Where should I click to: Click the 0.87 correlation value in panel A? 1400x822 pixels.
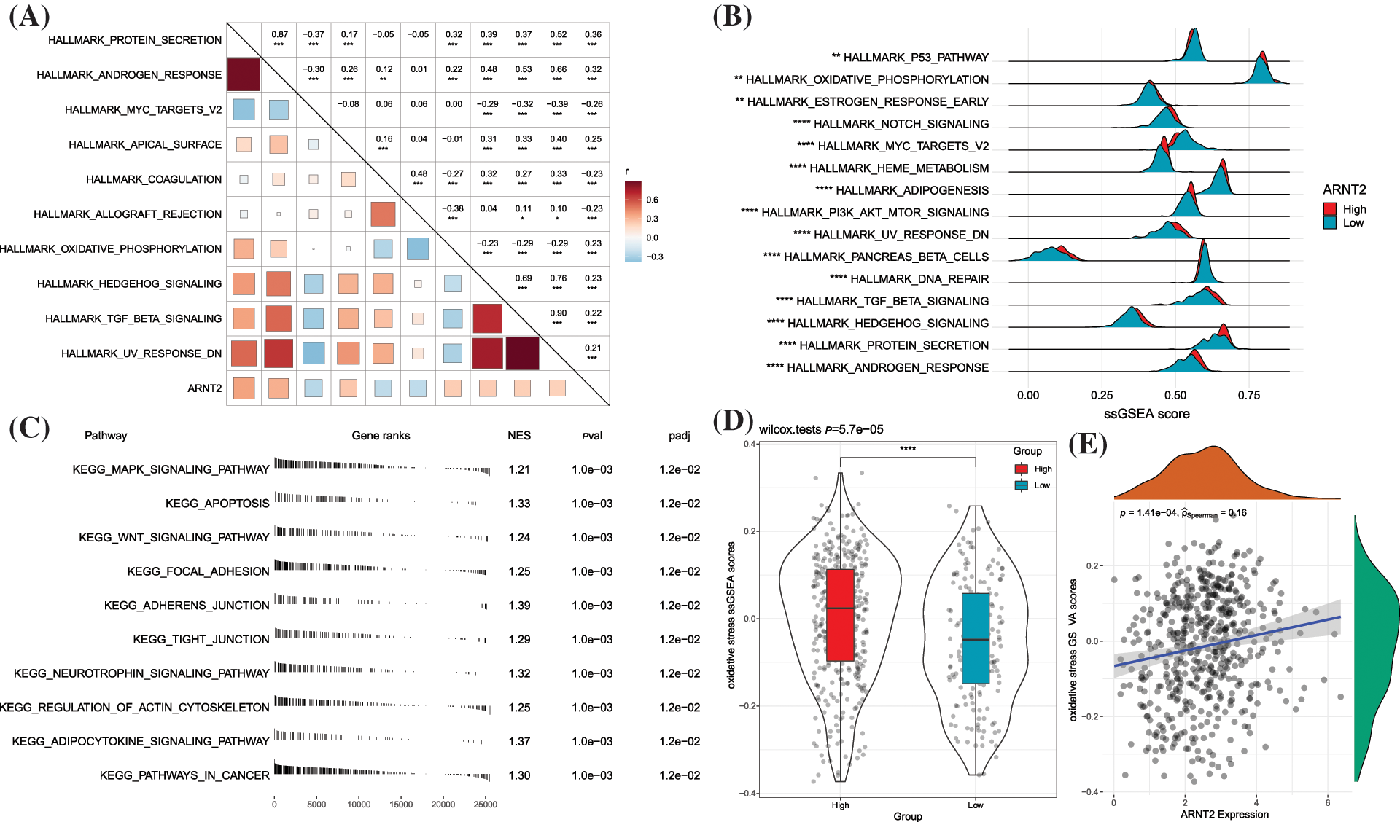tap(279, 34)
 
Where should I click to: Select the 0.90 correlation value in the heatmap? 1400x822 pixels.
tap(558, 313)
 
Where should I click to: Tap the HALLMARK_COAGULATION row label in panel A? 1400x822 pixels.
tap(153, 179)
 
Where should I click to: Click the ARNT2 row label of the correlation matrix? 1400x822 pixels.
tap(204, 388)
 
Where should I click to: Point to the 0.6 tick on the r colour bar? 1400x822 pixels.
tap(652, 200)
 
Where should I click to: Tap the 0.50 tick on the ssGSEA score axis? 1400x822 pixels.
tap(1175, 396)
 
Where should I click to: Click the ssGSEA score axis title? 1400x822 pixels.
tap(1146, 414)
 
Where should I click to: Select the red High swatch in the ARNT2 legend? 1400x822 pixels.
tap(1330, 209)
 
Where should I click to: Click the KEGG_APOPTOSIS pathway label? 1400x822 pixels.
tap(217, 504)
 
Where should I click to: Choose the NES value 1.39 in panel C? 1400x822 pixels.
tap(519, 606)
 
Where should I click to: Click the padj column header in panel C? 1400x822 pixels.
tap(679, 436)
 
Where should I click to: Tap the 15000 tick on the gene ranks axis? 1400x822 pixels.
tap(401, 805)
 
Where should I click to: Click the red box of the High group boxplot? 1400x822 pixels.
tap(840, 615)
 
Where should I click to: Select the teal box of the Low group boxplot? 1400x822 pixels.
tap(975, 638)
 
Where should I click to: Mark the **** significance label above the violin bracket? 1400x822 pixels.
tap(907, 449)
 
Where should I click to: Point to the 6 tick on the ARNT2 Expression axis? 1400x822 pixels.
tap(1327, 803)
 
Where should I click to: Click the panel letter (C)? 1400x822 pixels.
tap(29, 428)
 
